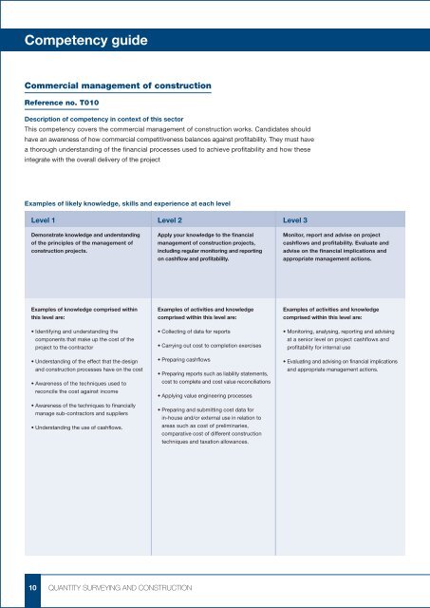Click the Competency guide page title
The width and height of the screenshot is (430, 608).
pos(85,40)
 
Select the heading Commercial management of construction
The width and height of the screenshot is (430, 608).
pos(117,87)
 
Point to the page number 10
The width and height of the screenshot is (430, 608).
pos(30,589)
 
